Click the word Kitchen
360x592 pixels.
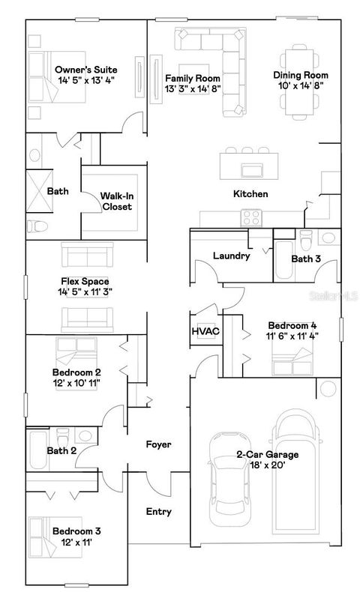pyautogui.click(x=250, y=194)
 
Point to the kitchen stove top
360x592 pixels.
pyautogui.click(x=251, y=217)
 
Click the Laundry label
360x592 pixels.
pyautogui.click(x=231, y=256)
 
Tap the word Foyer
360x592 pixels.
pyautogui.click(x=158, y=444)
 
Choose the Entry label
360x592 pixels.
pyautogui.click(x=158, y=512)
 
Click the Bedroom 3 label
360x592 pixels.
pyautogui.click(x=76, y=531)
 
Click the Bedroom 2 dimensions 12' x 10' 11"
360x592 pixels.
pyautogui.click(x=76, y=383)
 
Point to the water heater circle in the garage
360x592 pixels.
pyautogui.click(x=327, y=389)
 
